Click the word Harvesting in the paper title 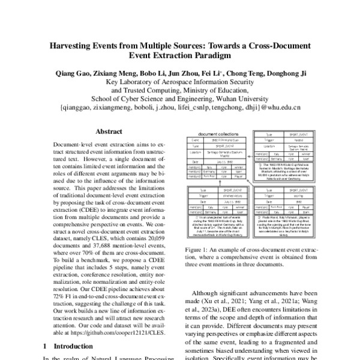click(x=75, y=46)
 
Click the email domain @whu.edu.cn click(x=279, y=107)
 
